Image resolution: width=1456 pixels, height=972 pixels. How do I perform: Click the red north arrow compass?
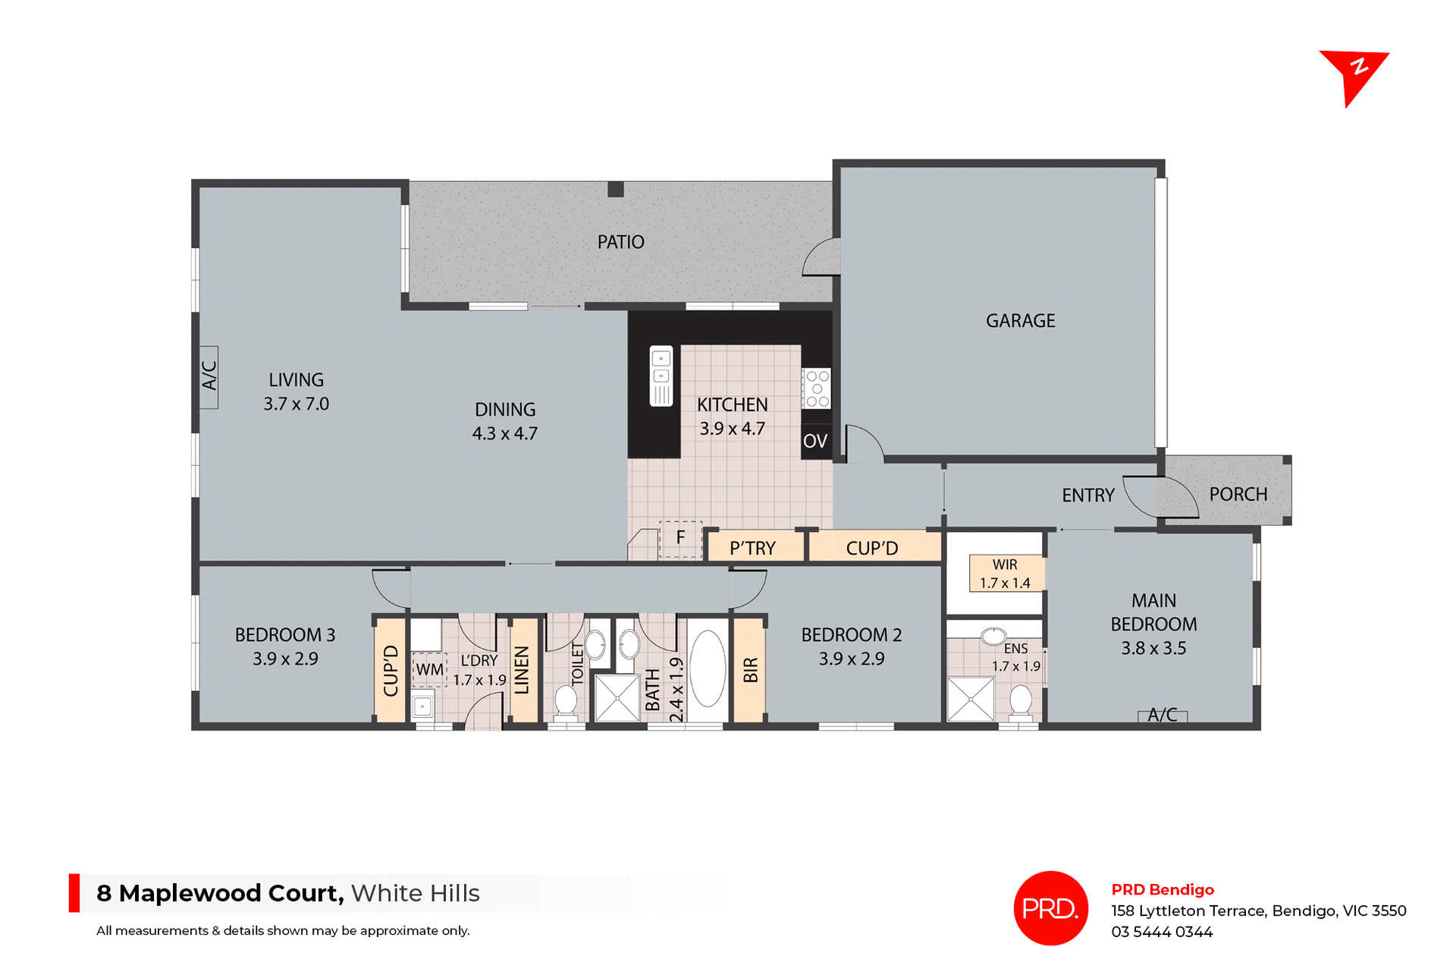pyautogui.click(x=1354, y=74)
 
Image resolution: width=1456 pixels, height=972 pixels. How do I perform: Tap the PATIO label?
pyautogui.click(x=620, y=242)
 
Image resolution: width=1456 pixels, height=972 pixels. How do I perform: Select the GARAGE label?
pyautogui.click(x=1020, y=321)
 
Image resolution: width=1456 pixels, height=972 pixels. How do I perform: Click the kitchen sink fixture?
pyautogui.click(x=661, y=376)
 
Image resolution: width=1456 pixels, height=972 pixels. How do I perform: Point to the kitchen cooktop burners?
pyautogui.click(x=817, y=388)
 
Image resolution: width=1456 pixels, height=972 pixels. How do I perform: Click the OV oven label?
pyautogui.click(x=815, y=441)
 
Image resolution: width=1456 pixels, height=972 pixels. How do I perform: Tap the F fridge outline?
pyautogui.click(x=680, y=538)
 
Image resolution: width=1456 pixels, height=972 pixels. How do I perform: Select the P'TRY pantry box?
pyautogui.click(x=753, y=548)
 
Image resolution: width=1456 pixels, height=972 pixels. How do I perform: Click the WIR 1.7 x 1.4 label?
pyautogui.click(x=1006, y=574)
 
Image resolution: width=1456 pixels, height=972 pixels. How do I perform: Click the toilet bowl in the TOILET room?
pyautogui.click(x=566, y=699)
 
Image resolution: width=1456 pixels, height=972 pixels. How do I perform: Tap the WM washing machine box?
pyautogui.click(x=429, y=669)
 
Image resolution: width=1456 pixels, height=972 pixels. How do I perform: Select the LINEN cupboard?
pyautogui.click(x=522, y=669)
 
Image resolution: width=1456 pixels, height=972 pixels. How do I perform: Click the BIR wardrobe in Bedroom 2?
pyautogui.click(x=749, y=669)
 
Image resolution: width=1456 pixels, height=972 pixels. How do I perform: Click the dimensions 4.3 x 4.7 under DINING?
pyautogui.click(x=505, y=434)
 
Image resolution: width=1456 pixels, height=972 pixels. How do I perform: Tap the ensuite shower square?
pyautogui.click(x=970, y=699)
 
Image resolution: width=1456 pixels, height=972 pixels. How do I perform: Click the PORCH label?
pyautogui.click(x=1238, y=495)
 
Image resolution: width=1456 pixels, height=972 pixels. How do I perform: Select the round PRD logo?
pyautogui.click(x=1050, y=908)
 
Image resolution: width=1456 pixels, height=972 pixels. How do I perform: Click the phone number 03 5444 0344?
pyautogui.click(x=1162, y=932)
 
